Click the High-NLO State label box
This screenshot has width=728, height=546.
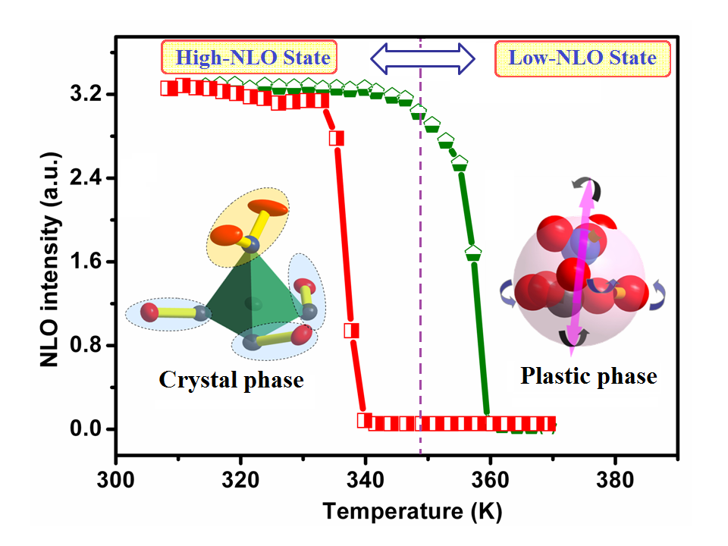(249, 57)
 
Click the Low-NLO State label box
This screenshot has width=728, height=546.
(582, 58)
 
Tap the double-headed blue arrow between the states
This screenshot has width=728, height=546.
(422, 58)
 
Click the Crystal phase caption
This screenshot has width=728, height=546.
(231, 379)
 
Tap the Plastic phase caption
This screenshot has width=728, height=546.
(588, 376)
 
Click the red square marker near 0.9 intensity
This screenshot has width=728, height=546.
(352, 331)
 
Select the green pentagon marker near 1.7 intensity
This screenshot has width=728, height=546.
(473, 253)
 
